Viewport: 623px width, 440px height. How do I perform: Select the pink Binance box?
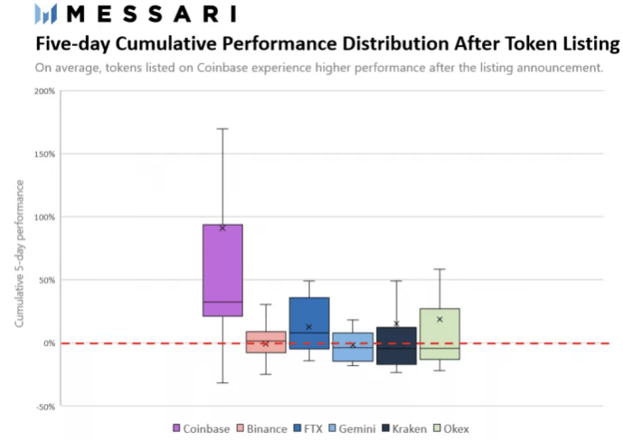[266, 342]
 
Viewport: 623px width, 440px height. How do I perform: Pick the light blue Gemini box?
[353, 347]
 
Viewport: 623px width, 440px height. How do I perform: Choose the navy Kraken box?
[396, 346]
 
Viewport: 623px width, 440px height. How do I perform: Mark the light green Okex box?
[439, 333]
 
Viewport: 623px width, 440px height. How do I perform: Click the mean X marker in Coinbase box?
[222, 228]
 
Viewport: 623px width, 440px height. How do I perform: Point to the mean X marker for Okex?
[439, 319]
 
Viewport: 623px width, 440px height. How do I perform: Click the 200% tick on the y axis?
[43, 91]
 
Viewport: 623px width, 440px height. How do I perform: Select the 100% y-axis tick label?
[43, 217]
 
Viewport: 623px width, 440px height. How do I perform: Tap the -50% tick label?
[44, 407]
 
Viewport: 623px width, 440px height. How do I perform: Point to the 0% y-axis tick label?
[49, 343]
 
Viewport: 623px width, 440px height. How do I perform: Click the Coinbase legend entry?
[201, 428]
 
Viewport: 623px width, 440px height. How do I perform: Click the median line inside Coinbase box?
[222, 302]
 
